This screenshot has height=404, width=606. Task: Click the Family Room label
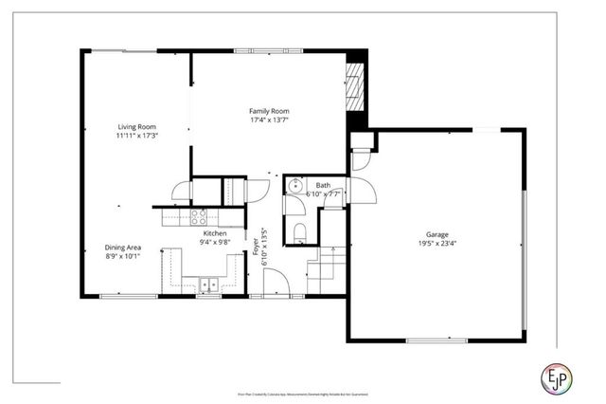tap(269, 111)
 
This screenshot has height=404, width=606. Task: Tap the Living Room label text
tap(136, 126)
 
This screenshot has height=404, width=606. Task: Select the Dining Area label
tap(123, 247)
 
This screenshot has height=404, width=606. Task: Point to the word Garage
tap(437, 234)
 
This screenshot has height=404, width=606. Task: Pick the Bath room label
tap(323, 185)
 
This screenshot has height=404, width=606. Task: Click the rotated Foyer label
tap(255, 244)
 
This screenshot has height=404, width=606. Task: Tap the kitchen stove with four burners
tap(199, 217)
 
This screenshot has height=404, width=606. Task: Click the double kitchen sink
tap(208, 283)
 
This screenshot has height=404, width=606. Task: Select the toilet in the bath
tap(299, 232)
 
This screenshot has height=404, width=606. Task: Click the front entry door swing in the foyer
tap(275, 283)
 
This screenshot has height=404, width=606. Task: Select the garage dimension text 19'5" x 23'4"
tap(437, 244)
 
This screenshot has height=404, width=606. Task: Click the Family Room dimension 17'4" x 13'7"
tap(269, 120)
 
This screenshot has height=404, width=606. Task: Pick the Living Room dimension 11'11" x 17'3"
tap(136, 136)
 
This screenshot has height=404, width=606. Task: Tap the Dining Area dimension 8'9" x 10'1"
tap(123, 256)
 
